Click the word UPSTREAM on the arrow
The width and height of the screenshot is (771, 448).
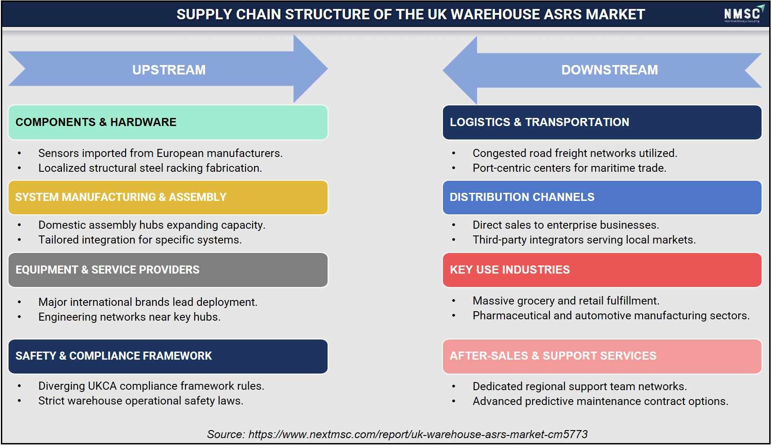169,70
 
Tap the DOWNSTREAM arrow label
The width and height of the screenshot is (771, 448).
609,70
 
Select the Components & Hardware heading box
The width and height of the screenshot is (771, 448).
168,122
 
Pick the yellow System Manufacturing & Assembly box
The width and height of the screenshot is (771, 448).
168,197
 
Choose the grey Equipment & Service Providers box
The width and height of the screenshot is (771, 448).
168,270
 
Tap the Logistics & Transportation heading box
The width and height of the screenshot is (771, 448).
602,122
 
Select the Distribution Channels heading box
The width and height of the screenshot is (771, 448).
602,197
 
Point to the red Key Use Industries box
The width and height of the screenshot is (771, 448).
602,270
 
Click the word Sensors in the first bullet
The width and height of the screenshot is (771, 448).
57,153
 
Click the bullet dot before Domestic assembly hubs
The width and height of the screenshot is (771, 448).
19,225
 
